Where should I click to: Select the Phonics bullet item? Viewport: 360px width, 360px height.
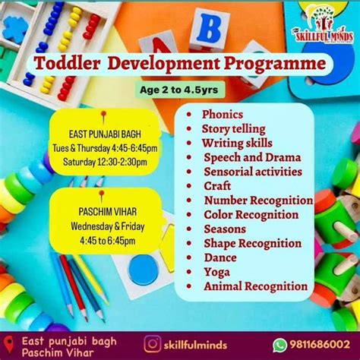pos(222,115)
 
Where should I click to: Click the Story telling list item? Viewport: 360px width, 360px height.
pos(233,128)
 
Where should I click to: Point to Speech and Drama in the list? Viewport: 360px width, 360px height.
pos(252,157)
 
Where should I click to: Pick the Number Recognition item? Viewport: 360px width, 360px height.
pos(257,201)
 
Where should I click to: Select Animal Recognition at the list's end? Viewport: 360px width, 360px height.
pos(255,286)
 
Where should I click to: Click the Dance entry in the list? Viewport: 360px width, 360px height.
pos(219,257)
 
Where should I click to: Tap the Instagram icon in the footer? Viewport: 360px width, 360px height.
pos(152,344)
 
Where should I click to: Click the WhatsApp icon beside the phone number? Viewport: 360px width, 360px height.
pos(280,344)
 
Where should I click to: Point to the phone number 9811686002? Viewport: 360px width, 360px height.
pos(321,344)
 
